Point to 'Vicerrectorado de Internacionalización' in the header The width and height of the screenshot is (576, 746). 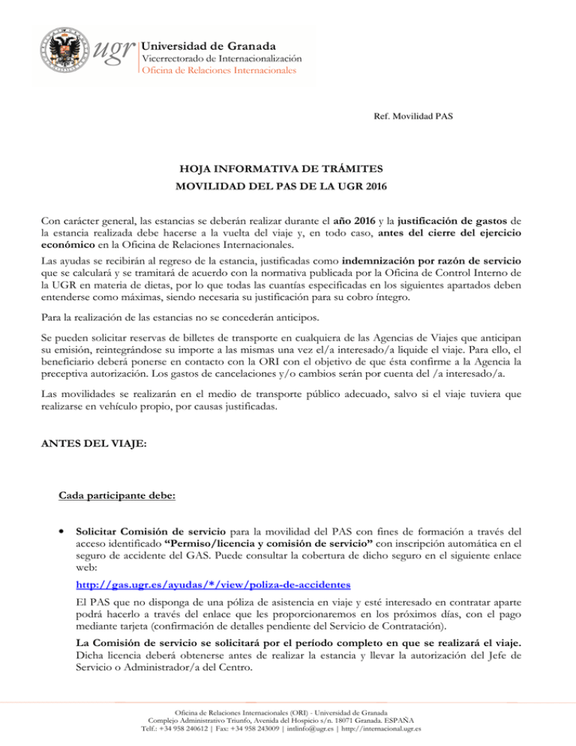click(222, 57)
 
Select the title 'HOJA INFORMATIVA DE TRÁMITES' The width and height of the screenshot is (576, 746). click(288, 170)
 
